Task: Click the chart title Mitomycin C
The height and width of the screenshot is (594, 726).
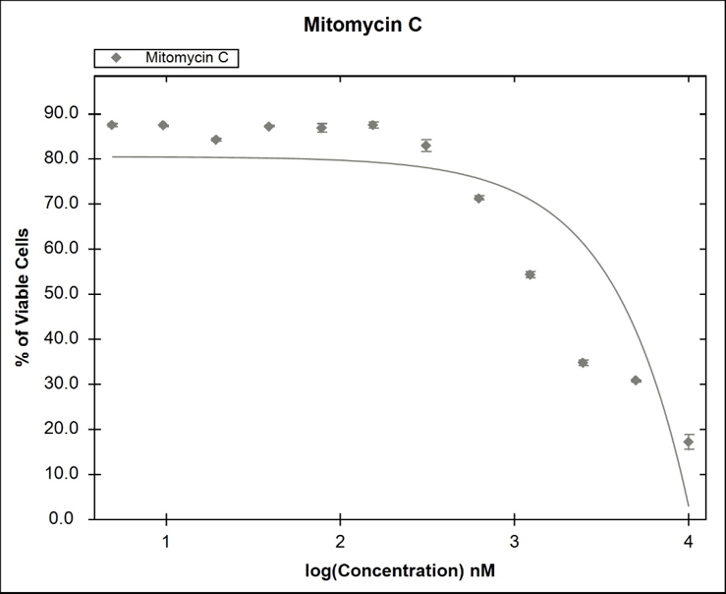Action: click(x=363, y=26)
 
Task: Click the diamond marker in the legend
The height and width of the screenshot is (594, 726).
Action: click(x=116, y=58)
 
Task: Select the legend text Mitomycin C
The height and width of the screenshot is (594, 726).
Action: click(x=187, y=58)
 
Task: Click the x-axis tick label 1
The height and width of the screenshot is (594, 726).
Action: click(x=166, y=542)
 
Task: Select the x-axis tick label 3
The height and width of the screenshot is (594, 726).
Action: click(x=514, y=542)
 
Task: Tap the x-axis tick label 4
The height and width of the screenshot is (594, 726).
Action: click(x=689, y=542)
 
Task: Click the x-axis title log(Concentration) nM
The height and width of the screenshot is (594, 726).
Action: click(x=400, y=568)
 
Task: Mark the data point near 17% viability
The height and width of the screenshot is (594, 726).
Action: click(x=689, y=442)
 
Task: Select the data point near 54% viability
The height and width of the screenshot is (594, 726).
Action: click(x=530, y=274)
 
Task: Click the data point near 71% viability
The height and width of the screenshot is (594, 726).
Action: click(x=478, y=198)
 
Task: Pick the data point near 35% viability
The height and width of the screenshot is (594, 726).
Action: click(x=583, y=363)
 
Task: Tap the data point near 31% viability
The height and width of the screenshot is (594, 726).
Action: click(x=636, y=380)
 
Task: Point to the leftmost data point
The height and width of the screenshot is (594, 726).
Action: click(x=112, y=125)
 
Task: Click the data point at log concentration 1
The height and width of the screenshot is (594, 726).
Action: click(x=163, y=125)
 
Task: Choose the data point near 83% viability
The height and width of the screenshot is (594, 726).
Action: click(x=425, y=146)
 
